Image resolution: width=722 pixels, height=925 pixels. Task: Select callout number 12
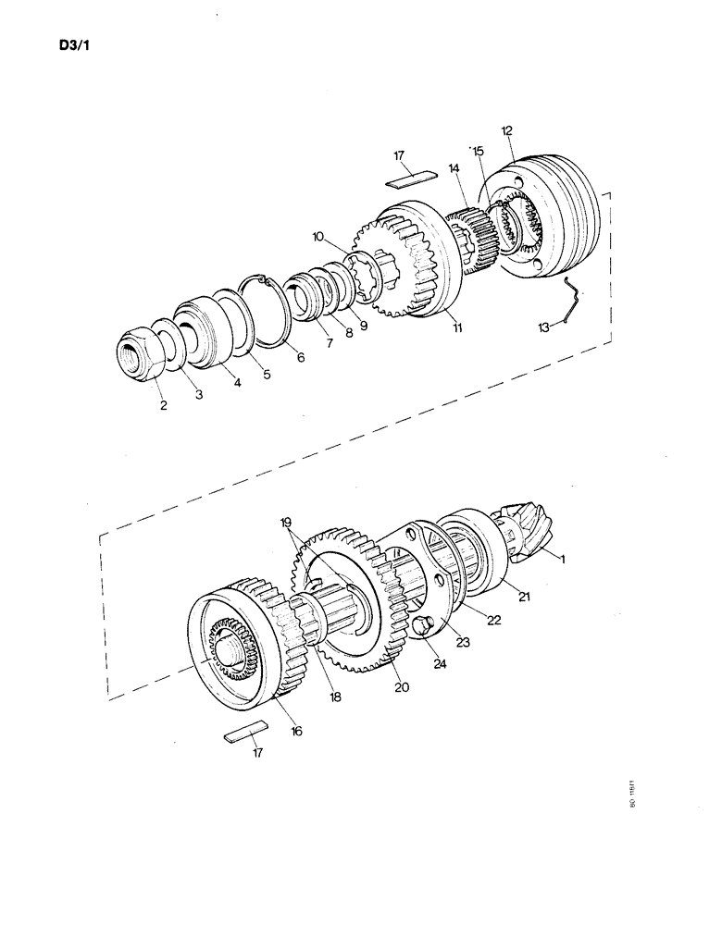pyautogui.click(x=506, y=130)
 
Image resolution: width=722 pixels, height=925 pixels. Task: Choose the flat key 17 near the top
pyautogui.click(x=412, y=179)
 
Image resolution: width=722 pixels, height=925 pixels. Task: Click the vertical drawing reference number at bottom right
pyautogui.click(x=633, y=795)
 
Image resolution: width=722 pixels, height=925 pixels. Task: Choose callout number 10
pyautogui.click(x=317, y=238)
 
